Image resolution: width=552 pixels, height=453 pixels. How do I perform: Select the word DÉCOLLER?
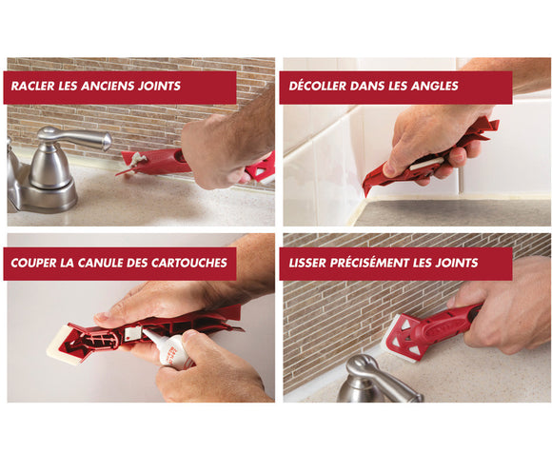coord(320,87)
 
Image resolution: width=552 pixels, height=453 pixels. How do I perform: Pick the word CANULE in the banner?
coord(114,263)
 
